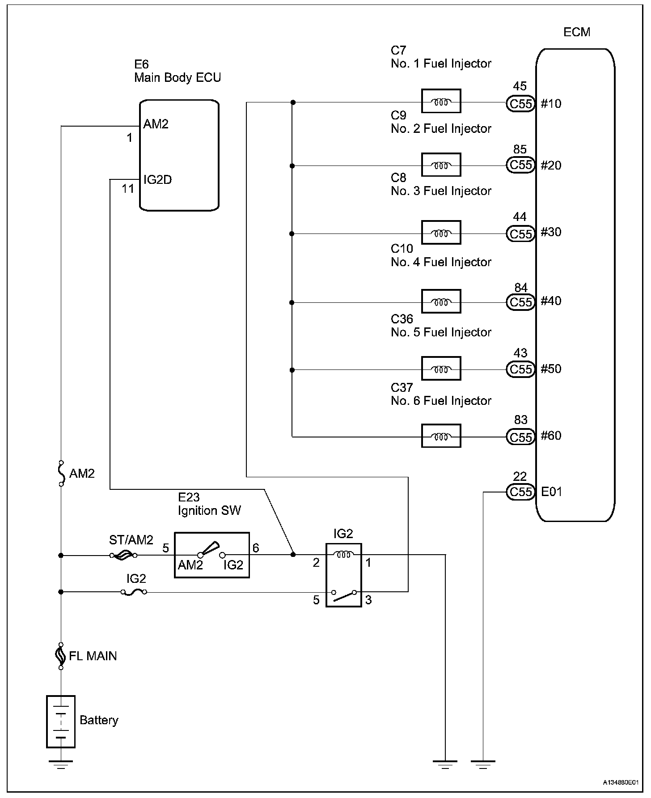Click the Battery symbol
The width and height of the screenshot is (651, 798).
coord(61,722)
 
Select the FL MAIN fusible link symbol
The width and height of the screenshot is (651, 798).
coord(61,656)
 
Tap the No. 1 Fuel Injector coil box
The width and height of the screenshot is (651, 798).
coord(441,101)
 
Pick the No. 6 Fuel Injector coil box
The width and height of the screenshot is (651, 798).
coord(441,436)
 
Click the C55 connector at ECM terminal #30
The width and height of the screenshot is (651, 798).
coord(520,234)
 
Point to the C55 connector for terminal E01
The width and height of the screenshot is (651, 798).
coord(520,492)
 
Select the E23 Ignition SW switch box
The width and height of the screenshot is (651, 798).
coord(211,555)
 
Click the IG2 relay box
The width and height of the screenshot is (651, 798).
coord(343,575)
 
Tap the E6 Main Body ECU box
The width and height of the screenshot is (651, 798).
coord(179,155)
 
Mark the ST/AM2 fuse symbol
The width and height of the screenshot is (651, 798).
coord(123,556)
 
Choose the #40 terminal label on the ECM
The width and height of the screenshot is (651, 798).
coord(551,301)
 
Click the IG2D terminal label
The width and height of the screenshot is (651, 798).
coord(157,180)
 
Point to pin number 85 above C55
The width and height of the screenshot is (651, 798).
coord(520,149)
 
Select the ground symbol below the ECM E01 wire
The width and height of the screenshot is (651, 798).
coord(483,764)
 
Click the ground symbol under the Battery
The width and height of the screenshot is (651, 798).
coord(61,764)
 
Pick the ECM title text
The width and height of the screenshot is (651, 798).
coord(577,32)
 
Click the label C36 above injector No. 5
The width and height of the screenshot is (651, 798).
coord(402,319)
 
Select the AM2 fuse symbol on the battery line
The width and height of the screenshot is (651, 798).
coord(61,473)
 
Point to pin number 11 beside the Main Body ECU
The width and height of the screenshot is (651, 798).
coord(128,189)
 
